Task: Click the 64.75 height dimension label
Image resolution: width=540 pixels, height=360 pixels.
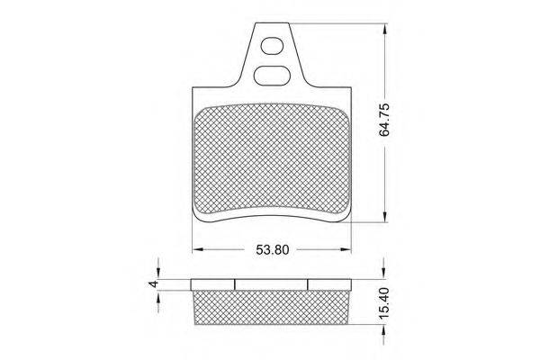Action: pyautogui.click(x=384, y=120)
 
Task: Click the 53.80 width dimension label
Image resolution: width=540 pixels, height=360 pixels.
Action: pyautogui.click(x=273, y=250)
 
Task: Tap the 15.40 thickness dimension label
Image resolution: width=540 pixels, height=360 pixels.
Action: pyautogui.click(x=384, y=302)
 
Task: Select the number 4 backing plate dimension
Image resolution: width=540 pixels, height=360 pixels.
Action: pyautogui.click(x=154, y=283)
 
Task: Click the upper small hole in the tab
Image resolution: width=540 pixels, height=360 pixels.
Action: pyautogui.click(x=272, y=46)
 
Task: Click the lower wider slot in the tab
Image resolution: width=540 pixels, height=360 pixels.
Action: pyautogui.click(x=271, y=75)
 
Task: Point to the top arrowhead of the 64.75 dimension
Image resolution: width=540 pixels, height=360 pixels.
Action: pyautogui.click(x=385, y=30)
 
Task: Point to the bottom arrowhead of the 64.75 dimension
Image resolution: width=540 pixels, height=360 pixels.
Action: pyautogui.click(x=385, y=216)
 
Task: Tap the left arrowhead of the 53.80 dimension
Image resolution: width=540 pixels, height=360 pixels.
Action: pyautogui.click(x=198, y=249)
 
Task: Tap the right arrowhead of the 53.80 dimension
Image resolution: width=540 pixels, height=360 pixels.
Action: pyautogui.click(x=345, y=249)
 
